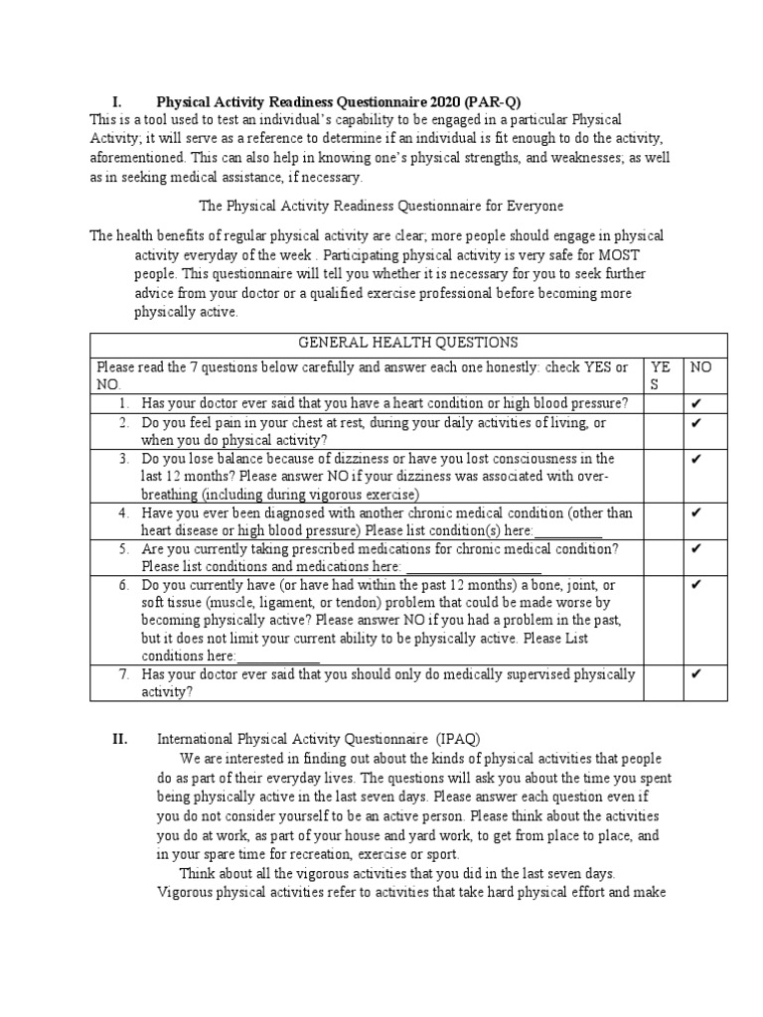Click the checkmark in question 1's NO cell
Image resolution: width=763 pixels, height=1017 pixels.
[696, 403]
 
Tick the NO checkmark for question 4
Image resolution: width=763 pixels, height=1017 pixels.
[696, 513]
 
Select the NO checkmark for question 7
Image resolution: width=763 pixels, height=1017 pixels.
[696, 675]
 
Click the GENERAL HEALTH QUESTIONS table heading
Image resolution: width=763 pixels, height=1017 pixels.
[408, 343]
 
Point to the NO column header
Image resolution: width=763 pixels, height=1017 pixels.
[701, 366]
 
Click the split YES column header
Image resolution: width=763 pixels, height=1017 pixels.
[661, 375]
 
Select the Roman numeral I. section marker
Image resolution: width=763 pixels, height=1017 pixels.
[116, 101]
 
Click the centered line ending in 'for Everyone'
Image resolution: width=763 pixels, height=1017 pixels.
[381, 207]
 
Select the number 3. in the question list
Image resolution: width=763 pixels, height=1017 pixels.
[124, 459]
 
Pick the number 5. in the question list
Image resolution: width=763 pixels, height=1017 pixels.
[124, 549]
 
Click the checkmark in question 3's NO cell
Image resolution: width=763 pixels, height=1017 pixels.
[696, 459]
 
